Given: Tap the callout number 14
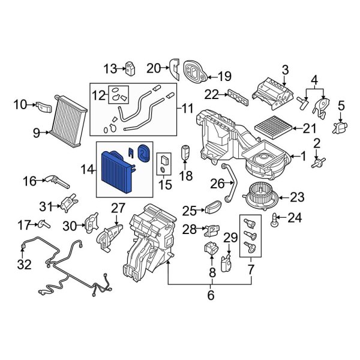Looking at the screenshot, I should click(88, 170).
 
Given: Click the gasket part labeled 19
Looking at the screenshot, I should click(196, 73).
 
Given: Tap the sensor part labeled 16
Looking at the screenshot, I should click(55, 179).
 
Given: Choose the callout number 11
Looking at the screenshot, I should click(188, 109).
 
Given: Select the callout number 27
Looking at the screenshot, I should click(117, 208).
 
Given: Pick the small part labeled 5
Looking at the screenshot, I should click(340, 127).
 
